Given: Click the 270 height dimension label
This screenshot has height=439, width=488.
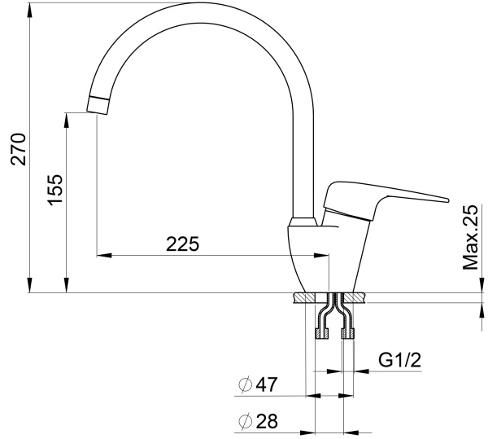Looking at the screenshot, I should point(18,147).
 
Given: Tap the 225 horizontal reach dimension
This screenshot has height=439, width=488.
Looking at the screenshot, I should point(182,244).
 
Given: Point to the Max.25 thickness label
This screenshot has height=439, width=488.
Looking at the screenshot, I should point(470,236).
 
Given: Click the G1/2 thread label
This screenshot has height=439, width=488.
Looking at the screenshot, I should point(400,358).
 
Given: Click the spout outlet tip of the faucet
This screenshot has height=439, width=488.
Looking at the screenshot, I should point(97,104).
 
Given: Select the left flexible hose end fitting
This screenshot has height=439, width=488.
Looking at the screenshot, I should point(320,332).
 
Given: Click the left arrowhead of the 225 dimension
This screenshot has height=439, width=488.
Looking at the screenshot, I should point(102,255).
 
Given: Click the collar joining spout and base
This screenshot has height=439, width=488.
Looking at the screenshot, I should point(304,221).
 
